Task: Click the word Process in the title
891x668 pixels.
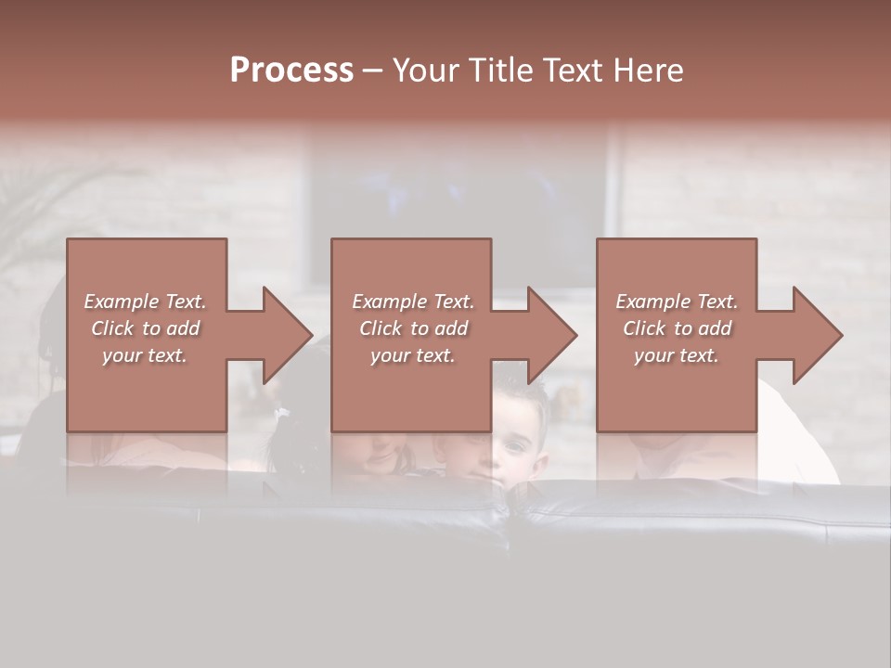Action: click(291, 71)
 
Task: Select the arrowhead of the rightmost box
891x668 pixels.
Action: click(816, 335)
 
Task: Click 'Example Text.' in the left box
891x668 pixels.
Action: click(146, 302)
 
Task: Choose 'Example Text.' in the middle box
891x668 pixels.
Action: click(413, 302)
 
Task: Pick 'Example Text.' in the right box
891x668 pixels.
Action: click(677, 302)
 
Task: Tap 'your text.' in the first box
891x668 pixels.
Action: click(145, 355)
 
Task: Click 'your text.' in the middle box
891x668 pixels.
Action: click(412, 355)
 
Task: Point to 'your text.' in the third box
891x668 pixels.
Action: click(676, 355)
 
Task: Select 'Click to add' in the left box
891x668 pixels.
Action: click(146, 328)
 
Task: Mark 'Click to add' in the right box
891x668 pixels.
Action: click(678, 328)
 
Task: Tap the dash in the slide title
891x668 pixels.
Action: click(373, 71)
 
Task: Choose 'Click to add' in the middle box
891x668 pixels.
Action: click(413, 328)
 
